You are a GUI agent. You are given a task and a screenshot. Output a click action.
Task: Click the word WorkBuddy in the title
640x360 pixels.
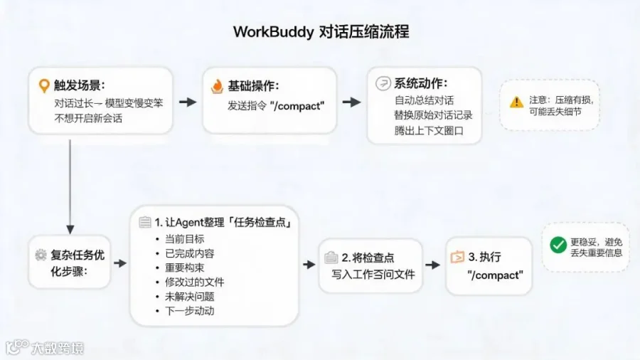click(x=274, y=32)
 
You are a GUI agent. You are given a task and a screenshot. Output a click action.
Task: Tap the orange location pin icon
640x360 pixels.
click(x=43, y=85)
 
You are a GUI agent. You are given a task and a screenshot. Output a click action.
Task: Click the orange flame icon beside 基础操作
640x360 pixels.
click(x=217, y=86)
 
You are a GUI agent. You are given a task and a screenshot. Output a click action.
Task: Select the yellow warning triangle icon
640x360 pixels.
click(x=516, y=102)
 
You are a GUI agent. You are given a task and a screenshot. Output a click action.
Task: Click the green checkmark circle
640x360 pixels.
click(x=558, y=245)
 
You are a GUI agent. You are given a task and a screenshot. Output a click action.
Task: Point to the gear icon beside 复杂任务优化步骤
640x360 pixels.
click(x=41, y=255)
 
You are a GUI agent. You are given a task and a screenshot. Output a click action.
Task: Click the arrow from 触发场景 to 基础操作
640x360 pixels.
click(x=188, y=102)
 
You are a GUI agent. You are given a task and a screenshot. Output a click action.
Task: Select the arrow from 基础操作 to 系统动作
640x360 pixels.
click(x=351, y=102)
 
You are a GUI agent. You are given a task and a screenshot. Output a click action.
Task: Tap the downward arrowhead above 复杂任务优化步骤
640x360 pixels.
click(x=70, y=229)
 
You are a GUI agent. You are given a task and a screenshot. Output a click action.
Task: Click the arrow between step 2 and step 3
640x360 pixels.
click(x=432, y=265)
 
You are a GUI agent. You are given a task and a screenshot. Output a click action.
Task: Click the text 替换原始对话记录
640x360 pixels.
click(x=433, y=115)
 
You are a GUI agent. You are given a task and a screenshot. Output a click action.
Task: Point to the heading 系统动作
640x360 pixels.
click(x=420, y=84)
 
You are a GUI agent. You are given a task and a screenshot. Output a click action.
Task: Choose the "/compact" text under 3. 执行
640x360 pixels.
click(x=495, y=275)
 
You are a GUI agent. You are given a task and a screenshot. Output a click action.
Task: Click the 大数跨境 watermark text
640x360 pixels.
click(x=57, y=348)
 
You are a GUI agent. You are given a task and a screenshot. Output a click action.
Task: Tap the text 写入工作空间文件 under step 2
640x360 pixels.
click(x=373, y=275)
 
